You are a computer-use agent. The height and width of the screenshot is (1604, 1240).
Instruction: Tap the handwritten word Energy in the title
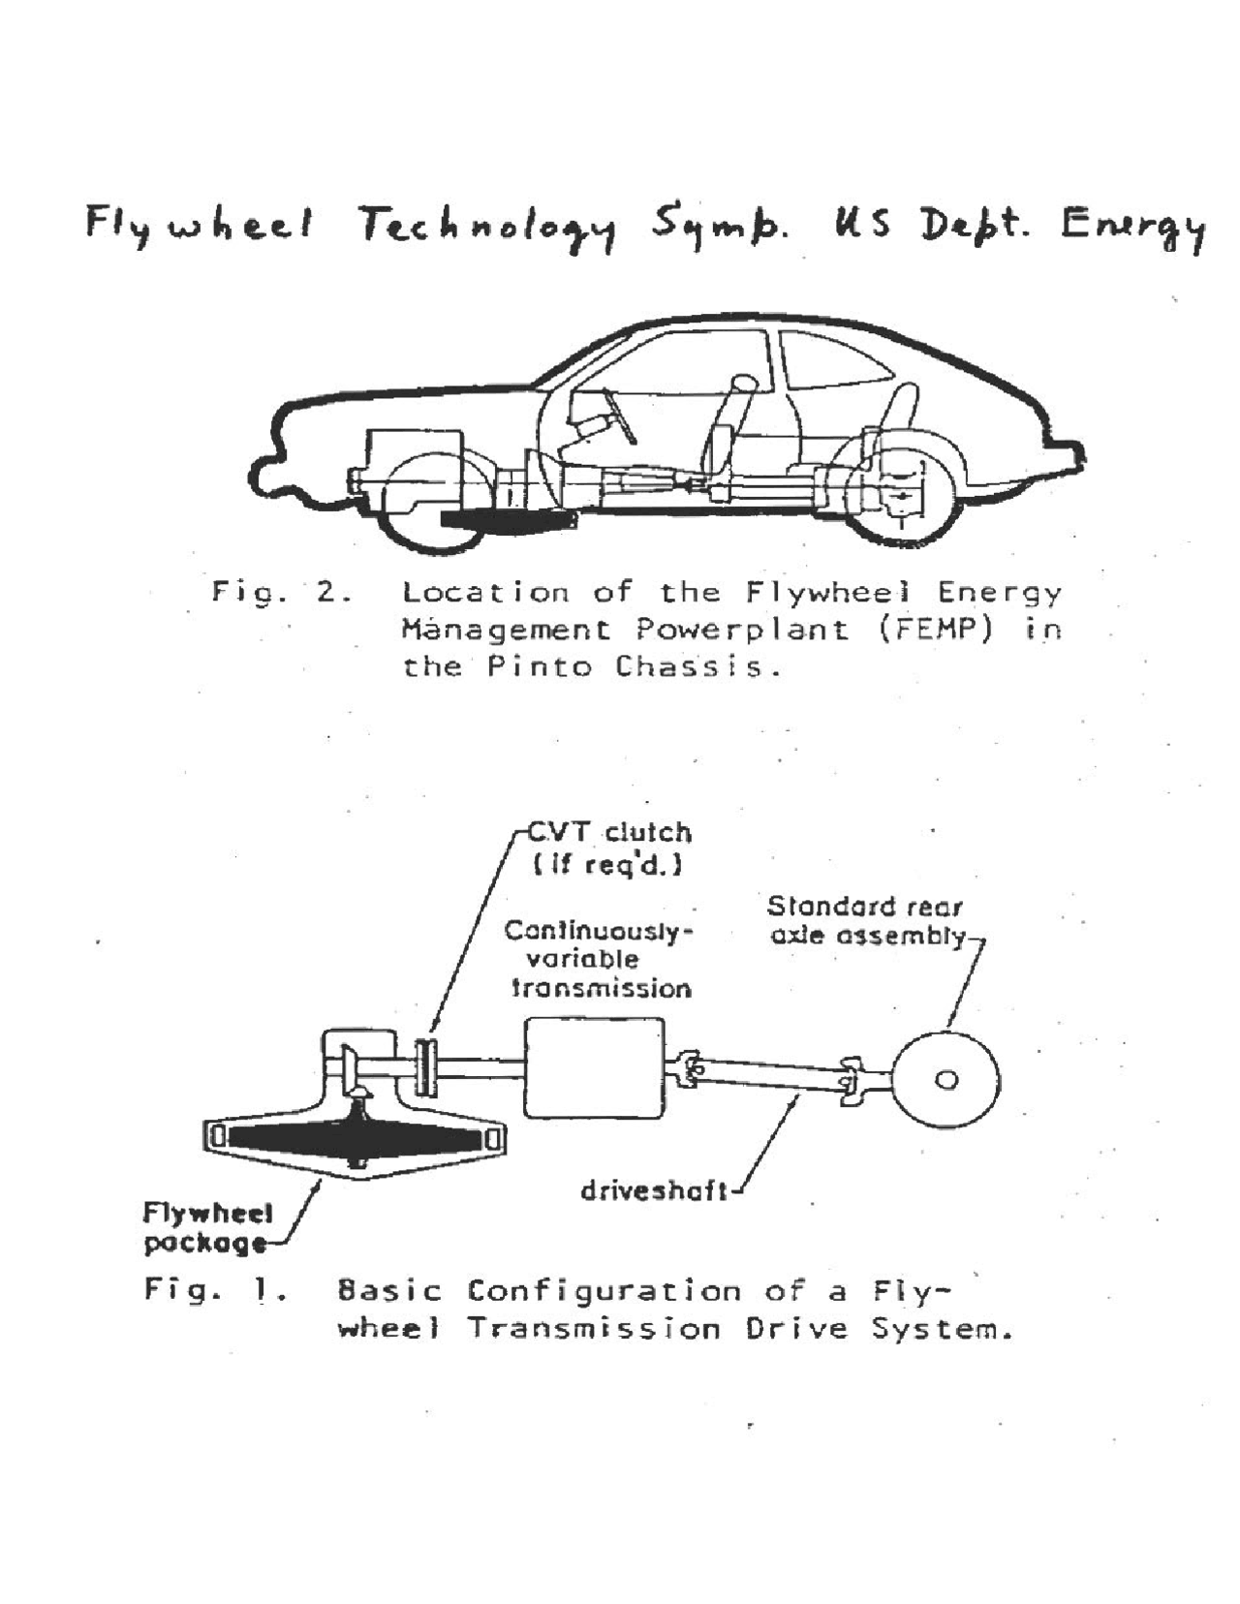[x=1131, y=229]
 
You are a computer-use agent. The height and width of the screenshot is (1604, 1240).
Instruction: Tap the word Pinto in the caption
[x=539, y=667]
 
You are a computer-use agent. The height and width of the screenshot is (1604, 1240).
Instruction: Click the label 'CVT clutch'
[x=608, y=833]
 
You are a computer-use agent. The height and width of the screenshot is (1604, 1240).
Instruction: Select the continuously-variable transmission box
[x=594, y=1068]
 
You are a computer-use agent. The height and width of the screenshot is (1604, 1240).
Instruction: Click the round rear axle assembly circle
[x=945, y=1080]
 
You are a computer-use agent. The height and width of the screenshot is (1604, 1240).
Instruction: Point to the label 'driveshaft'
[x=654, y=1190]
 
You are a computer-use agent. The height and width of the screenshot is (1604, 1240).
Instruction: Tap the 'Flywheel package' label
[x=207, y=1227]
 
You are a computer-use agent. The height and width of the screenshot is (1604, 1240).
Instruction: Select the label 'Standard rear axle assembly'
[x=866, y=921]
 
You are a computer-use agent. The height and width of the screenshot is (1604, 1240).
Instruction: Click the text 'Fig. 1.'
[x=214, y=1290]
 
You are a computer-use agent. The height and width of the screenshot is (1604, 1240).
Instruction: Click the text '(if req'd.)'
[x=607, y=864]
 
